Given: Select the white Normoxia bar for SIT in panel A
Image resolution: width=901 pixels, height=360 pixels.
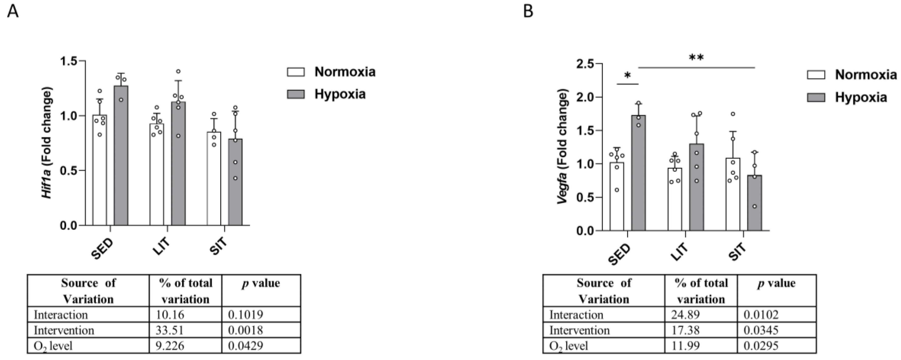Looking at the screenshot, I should tap(214, 182).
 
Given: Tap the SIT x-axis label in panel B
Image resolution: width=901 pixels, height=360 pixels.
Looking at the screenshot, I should tap(738, 253).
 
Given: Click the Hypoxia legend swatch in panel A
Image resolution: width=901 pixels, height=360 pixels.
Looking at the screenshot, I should tap(296, 94).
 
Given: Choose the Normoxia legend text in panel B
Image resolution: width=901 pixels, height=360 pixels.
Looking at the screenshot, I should tap(866, 75).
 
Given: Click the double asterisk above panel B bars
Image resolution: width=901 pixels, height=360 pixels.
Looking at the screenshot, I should tap(696, 58).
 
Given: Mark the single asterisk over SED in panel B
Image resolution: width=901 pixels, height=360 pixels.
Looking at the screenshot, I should tap(628, 76).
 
